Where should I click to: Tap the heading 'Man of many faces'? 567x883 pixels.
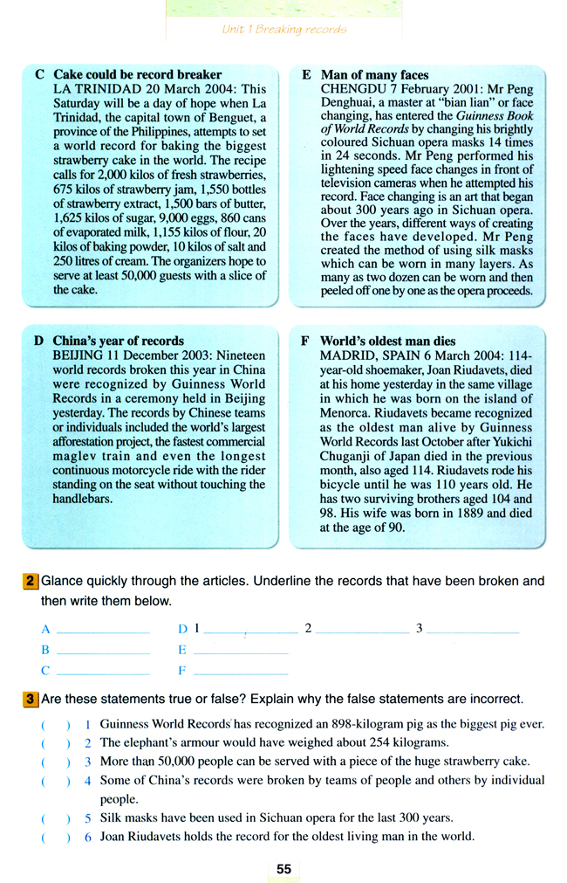tap(374, 75)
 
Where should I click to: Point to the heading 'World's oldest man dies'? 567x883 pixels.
tap(387, 341)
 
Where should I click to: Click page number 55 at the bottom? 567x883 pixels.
tap(283, 869)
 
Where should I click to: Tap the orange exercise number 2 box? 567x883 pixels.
tap(31, 581)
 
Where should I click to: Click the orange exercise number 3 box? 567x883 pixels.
tap(31, 700)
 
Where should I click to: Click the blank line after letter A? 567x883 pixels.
tap(102, 631)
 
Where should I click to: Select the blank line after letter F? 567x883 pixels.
tap(240, 673)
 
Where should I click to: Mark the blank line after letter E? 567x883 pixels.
tap(240, 652)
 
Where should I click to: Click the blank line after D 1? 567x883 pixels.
tap(251, 631)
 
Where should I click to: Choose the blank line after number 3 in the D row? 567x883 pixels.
tap(473, 631)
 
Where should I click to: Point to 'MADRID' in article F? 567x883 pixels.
tap(345, 355)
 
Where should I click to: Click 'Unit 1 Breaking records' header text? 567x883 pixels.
tap(283, 30)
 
